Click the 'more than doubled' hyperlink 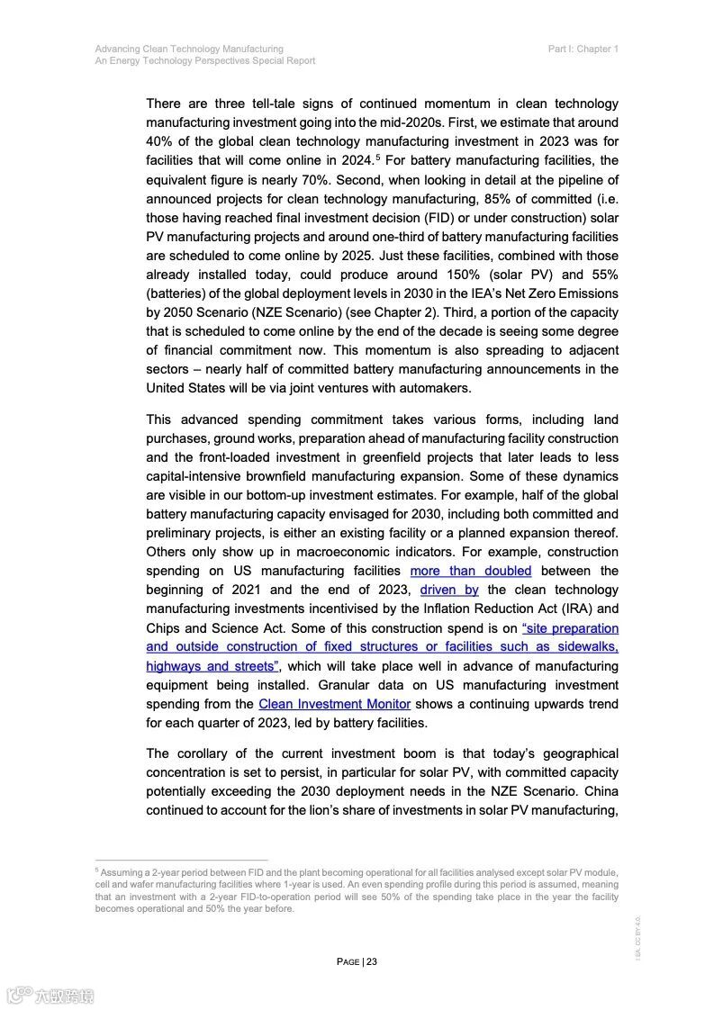[470, 571]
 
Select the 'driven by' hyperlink [449, 590]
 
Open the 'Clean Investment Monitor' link [334, 704]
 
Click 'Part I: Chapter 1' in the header [583, 49]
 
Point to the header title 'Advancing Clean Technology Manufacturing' [189, 49]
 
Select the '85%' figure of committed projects [475, 199]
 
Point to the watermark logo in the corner [50, 995]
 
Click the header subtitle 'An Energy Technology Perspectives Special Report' [204, 60]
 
